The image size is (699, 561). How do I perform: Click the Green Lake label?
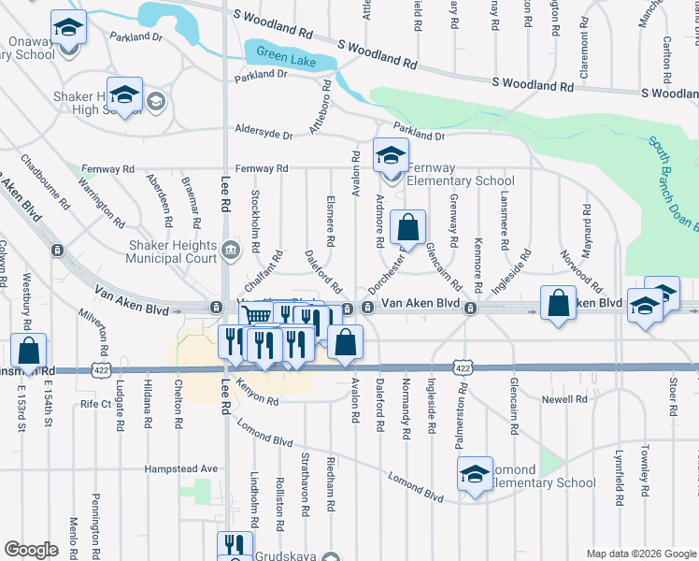coord(281,54)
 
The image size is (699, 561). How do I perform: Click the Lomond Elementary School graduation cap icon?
coord(475,474)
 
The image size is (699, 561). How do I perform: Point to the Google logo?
coord(31,550)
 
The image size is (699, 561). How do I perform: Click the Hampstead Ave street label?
coord(181,468)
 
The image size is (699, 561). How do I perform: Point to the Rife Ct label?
coord(95,404)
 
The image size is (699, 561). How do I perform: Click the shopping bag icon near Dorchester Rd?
coord(408,227)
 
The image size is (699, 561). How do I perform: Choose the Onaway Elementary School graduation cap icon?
coord(68,27)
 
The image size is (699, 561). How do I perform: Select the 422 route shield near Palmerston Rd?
coord(463,367)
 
